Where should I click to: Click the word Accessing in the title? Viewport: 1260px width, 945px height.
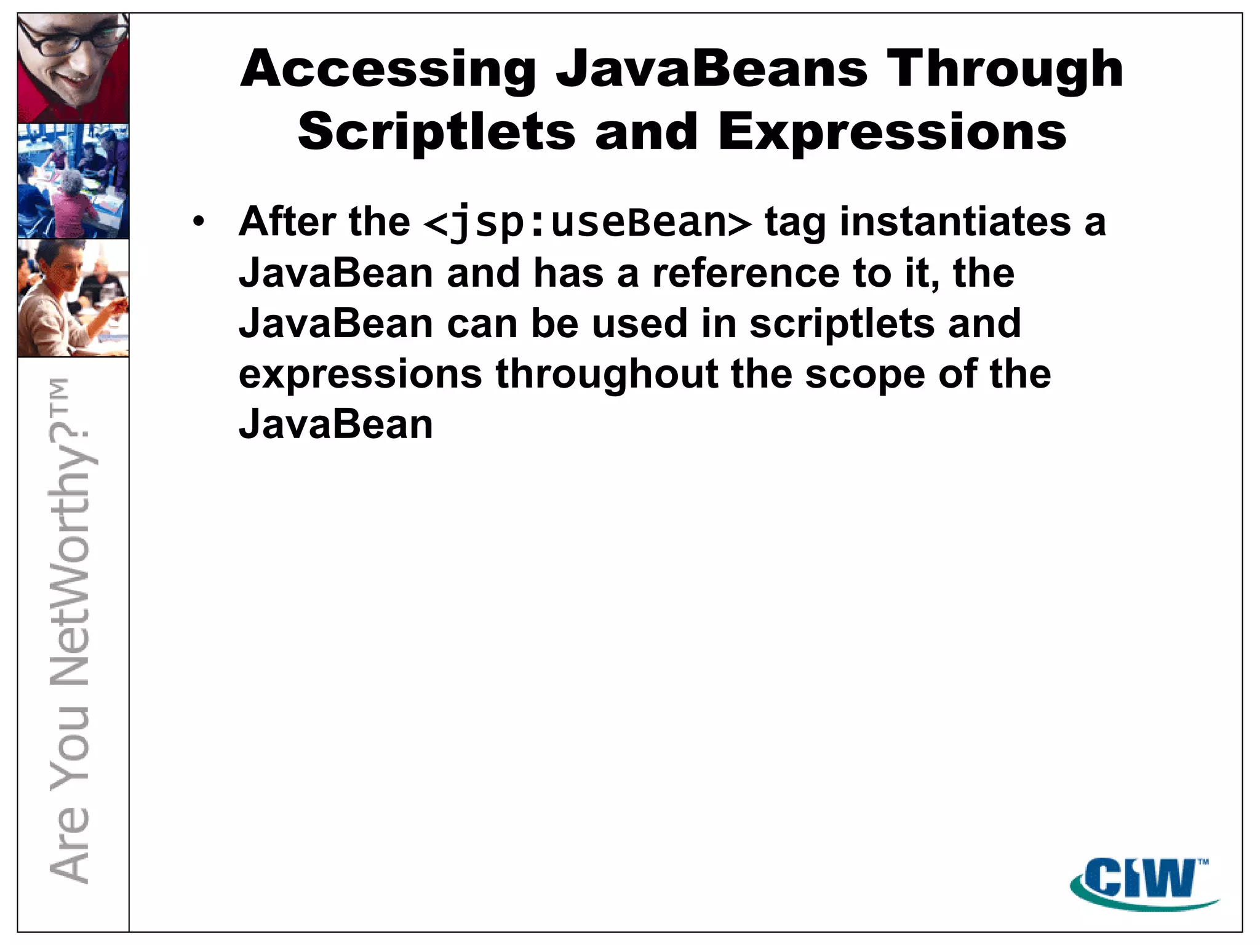pos(388,70)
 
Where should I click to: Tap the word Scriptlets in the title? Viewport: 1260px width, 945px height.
pos(436,132)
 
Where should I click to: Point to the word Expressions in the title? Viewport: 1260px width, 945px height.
pos(892,132)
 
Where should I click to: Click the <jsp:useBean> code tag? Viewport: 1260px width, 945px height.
pos(588,223)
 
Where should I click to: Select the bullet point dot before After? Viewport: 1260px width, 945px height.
pos(197,221)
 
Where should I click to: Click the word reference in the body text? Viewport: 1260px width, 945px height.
pos(746,273)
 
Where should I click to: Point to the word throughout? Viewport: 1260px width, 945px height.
pos(607,375)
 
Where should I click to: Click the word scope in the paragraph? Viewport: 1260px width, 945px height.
pos(865,375)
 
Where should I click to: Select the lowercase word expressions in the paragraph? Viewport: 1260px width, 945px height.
pos(360,375)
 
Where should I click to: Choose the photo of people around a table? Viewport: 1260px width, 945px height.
pos(73,181)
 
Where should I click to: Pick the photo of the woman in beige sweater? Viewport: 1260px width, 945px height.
pos(73,298)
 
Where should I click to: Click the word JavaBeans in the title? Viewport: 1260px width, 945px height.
pos(712,70)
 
